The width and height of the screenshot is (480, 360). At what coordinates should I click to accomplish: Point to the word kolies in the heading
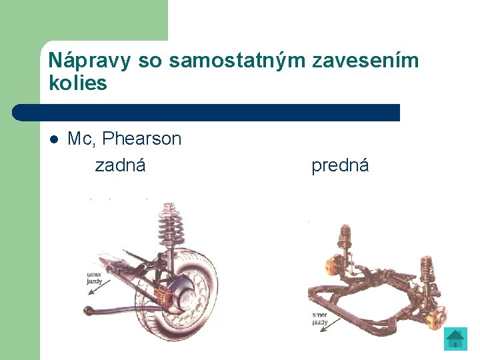pos(77,83)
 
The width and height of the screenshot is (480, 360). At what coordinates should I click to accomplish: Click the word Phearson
pos(142,139)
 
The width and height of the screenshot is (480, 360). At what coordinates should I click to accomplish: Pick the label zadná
pos(120,165)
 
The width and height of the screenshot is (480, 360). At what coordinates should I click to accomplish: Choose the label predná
pos(340,165)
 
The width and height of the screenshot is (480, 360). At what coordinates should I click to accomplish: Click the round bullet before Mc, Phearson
pos(55,139)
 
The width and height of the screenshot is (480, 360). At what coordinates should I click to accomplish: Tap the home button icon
pos(455,338)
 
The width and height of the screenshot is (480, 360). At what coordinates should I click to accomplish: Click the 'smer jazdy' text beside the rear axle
pos(95,277)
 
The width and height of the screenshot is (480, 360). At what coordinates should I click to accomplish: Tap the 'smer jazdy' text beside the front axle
pos(320,318)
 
